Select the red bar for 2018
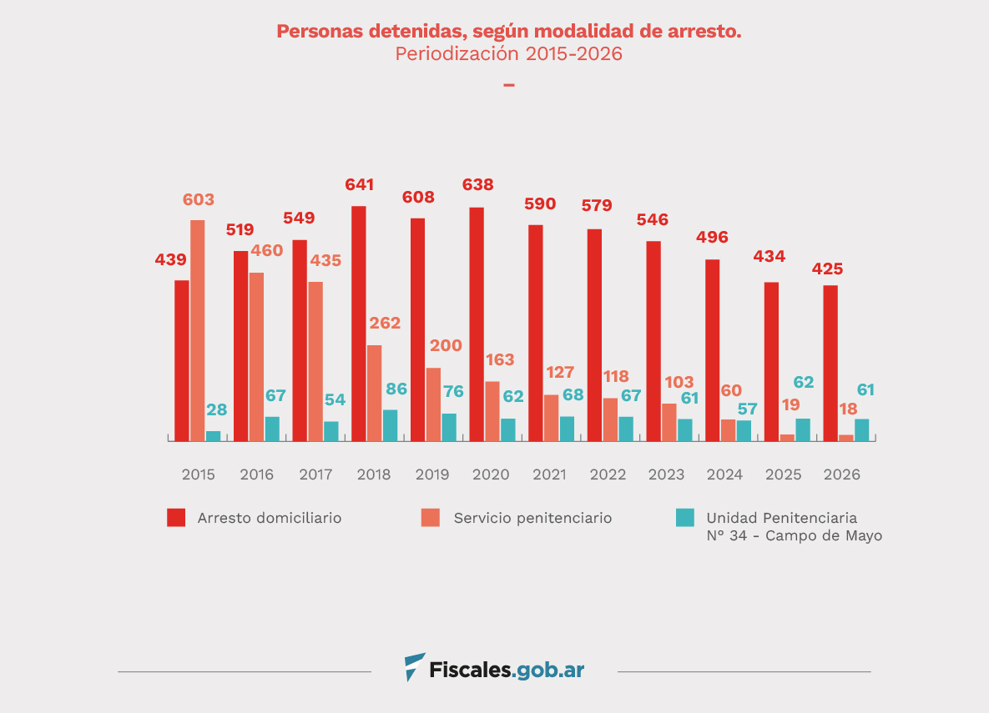coord(359,324)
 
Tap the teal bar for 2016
coord(272,429)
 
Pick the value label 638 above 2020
coord(478,184)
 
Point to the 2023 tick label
coord(666,474)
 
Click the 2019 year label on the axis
coord(432,474)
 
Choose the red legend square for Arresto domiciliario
coord(176,518)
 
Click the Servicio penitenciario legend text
coord(532,518)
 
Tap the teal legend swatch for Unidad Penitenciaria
coord(684,518)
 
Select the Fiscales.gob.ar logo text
coord(507,670)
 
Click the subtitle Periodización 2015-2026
coord(508,54)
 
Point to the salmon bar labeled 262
coord(375,393)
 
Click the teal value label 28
coord(217,409)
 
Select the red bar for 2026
coord(830,363)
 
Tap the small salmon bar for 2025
coord(787,437)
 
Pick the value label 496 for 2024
coord(713,237)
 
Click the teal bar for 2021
coord(567,429)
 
